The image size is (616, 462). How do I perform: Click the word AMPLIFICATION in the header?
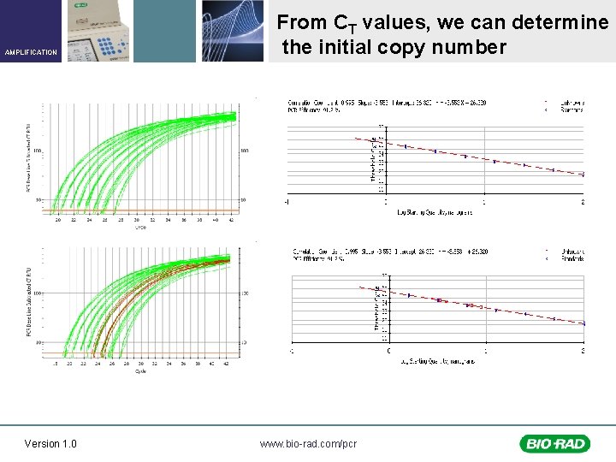[31, 52]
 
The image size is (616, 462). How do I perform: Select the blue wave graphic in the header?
[232, 31]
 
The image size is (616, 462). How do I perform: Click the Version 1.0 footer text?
[50, 443]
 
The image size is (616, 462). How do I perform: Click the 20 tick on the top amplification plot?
[58, 221]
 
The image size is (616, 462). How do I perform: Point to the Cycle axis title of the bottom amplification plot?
[139, 371]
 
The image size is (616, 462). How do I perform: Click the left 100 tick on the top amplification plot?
[37, 151]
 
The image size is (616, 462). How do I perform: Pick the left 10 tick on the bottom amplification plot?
[37, 342]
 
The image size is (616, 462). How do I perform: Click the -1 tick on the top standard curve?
[287, 203]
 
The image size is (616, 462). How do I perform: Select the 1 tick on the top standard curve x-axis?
[484, 203]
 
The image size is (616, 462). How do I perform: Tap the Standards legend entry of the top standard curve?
[572, 110]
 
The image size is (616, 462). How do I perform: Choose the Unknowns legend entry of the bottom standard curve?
[572, 252]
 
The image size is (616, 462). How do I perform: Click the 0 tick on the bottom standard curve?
[388, 351]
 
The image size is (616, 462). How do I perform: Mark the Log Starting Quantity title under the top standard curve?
[436, 212]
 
